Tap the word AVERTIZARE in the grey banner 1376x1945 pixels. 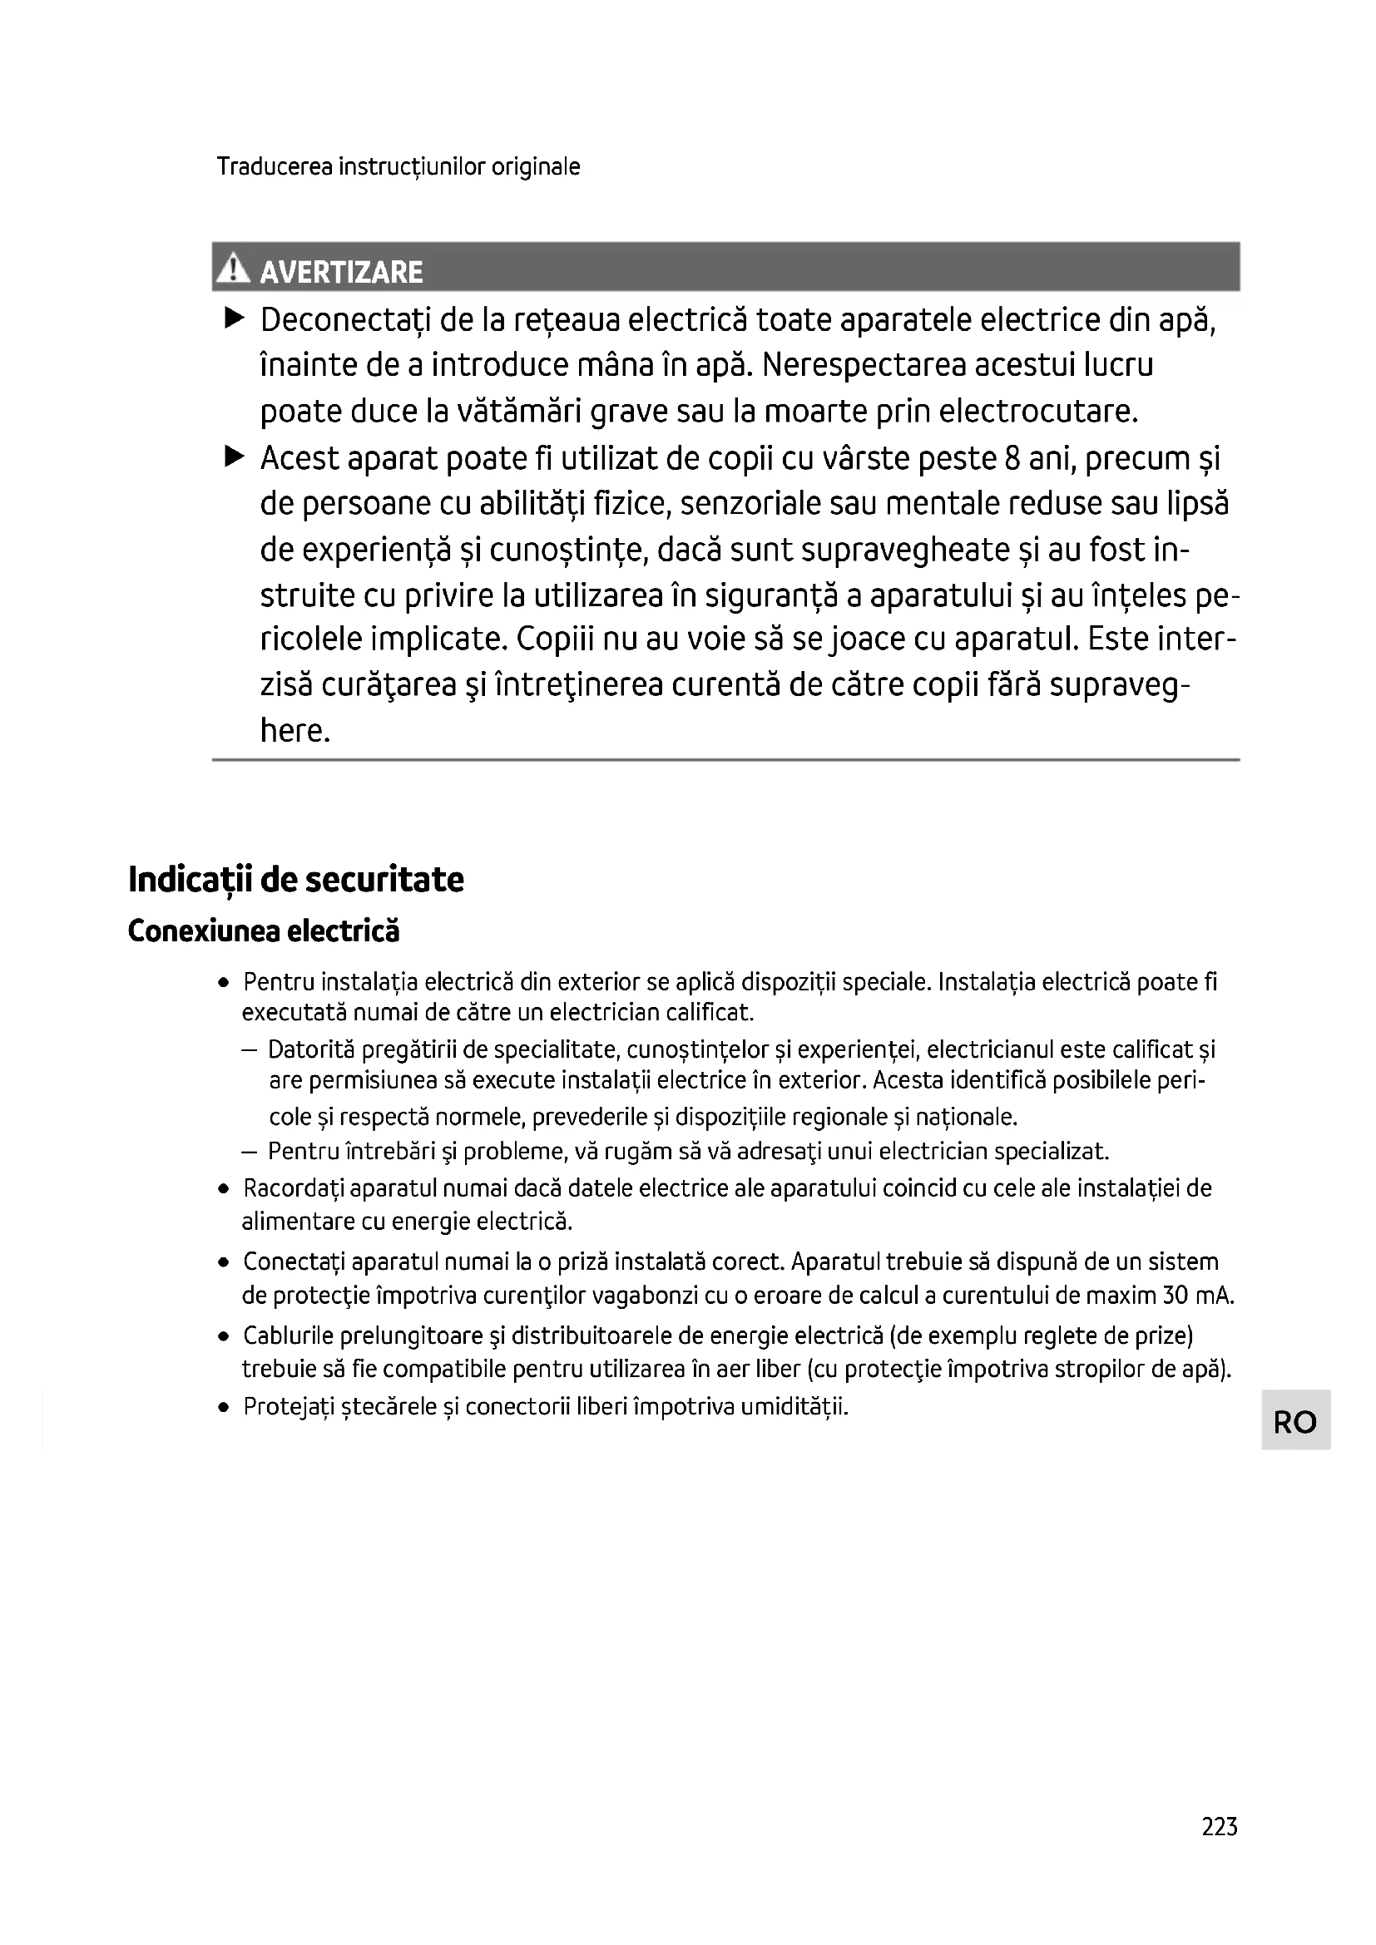[340, 272]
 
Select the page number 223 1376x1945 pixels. [1220, 1826]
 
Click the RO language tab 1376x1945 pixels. [1294, 1421]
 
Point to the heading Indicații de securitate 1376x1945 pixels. [295, 880]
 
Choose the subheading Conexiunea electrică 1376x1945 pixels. [264, 931]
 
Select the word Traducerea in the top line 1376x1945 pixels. [274, 166]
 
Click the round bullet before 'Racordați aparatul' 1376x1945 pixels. [224, 1189]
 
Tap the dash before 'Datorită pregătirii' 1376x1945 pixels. [249, 1050]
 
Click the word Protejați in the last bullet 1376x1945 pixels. [288, 1407]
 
